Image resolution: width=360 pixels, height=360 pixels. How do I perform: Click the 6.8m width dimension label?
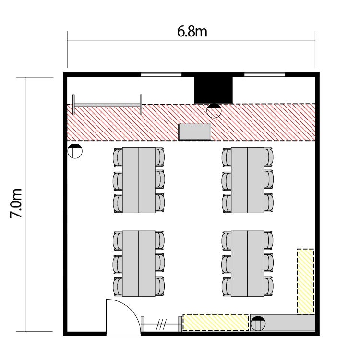(192, 32)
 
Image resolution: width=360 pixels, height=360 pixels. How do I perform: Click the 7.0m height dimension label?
(16, 203)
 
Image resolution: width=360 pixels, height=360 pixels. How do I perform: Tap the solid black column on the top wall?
(213, 90)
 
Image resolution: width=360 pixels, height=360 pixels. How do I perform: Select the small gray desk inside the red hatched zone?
(195, 132)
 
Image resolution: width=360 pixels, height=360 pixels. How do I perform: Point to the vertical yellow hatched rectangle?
(305, 281)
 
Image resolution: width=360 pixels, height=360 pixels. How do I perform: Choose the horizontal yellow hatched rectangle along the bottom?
(216, 323)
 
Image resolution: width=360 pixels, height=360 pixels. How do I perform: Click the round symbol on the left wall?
(75, 151)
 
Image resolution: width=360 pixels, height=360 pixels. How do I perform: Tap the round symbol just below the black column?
(214, 111)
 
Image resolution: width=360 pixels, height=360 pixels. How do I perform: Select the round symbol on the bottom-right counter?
(258, 324)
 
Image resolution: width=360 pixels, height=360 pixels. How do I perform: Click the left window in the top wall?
(161, 74)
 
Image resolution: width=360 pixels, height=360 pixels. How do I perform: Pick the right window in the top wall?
(264, 74)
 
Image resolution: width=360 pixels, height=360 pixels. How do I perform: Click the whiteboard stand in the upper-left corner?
(107, 105)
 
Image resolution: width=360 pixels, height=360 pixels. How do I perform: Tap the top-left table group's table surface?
(139, 180)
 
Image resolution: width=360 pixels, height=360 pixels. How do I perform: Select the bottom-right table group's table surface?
(247, 264)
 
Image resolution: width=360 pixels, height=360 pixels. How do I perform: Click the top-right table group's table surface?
(247, 180)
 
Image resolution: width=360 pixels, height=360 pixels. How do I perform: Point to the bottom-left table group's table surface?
(139, 264)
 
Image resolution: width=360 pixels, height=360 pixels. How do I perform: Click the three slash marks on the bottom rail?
(161, 324)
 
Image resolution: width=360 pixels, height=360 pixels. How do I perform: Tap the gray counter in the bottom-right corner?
(283, 323)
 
